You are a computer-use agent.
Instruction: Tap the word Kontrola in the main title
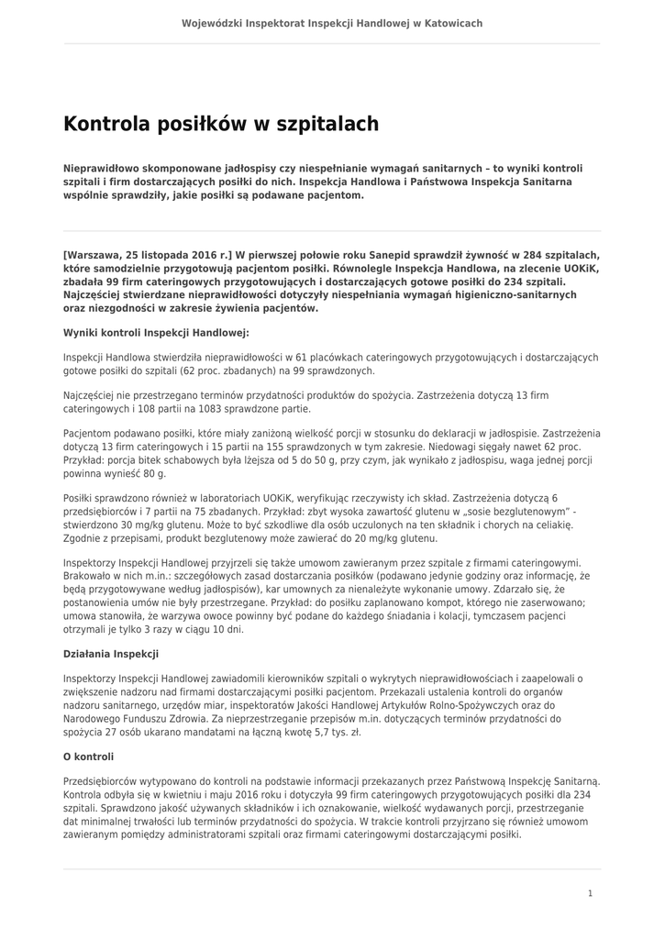pyautogui.click(x=107, y=124)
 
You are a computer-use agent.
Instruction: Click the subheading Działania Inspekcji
pyautogui.click(x=110, y=654)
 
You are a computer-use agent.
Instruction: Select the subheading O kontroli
pyautogui.click(x=88, y=757)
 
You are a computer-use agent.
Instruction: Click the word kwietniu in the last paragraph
pyautogui.click(x=179, y=794)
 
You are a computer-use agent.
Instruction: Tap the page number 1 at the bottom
pyautogui.click(x=590, y=893)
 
